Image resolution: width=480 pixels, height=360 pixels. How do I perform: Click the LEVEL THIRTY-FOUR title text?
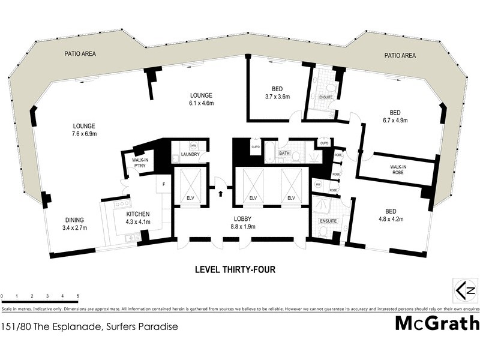click(x=235, y=270)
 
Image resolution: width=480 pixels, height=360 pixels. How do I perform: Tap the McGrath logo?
click(x=437, y=324)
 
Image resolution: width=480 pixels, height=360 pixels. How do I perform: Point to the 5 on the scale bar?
click(x=78, y=296)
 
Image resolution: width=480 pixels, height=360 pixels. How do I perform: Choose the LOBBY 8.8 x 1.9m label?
click(x=243, y=223)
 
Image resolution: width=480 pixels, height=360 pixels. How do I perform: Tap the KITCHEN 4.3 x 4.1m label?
click(x=138, y=218)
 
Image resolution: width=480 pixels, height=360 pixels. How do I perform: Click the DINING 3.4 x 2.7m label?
click(x=75, y=224)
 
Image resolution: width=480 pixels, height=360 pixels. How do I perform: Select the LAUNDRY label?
click(x=191, y=155)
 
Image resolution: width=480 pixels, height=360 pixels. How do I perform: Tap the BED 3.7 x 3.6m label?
click(x=277, y=92)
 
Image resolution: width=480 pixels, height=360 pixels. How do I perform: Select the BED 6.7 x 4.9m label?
click(x=394, y=116)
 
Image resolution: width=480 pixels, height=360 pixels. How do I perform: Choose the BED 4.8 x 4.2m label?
click(x=390, y=215)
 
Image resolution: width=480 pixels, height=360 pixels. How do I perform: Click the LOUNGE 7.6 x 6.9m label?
click(x=85, y=130)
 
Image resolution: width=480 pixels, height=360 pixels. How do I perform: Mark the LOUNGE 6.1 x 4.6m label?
click(x=201, y=99)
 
